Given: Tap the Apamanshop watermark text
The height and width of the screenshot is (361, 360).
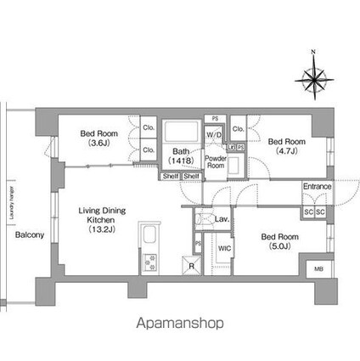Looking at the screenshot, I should tap(180, 324).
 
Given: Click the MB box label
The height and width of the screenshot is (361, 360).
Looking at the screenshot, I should tap(318, 270).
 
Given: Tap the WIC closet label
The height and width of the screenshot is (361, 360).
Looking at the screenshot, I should tap(224, 248).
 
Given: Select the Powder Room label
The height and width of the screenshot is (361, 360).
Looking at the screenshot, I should tap(215, 161).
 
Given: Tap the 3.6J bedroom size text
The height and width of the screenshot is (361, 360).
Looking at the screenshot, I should tap(98, 144).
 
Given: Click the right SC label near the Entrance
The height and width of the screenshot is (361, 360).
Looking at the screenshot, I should tap(320, 211).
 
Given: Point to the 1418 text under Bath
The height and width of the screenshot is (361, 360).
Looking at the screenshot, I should tap(179, 160).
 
